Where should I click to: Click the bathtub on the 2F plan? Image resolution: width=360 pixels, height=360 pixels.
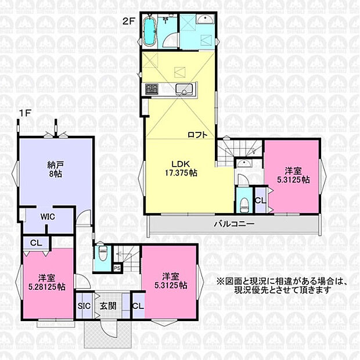pos(150,31)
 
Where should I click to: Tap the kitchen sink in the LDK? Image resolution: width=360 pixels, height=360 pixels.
pos(184,89)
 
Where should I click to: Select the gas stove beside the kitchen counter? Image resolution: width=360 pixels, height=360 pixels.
pos(152,89)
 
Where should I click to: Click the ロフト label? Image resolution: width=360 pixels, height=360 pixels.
pos(197,135)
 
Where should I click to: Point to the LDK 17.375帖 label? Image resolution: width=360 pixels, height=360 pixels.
pos(181,168)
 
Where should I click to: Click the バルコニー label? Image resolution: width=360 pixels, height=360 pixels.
pos(234,224)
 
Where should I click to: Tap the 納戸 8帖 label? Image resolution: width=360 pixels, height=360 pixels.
pos(56,169)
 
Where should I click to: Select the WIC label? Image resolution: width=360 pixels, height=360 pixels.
pos(48,217)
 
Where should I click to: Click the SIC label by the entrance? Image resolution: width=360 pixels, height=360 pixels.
pos(84,306)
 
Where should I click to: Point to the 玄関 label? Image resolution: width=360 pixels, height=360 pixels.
pos(108,306)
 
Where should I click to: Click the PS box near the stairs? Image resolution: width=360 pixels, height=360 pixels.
pos(117,268)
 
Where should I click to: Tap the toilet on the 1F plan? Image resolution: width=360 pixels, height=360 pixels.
pos(102,254)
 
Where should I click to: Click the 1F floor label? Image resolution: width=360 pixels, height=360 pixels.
pos(25,113)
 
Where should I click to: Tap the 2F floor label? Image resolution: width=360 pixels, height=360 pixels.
pos(128,21)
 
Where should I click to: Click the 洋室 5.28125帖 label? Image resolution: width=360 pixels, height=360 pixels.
pos(47,282)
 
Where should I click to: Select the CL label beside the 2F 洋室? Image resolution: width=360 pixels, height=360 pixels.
pos(260,200)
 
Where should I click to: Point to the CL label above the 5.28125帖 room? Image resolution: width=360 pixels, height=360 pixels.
pos(36,243)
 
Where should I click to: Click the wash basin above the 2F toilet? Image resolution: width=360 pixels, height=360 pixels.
pos(244,164)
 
